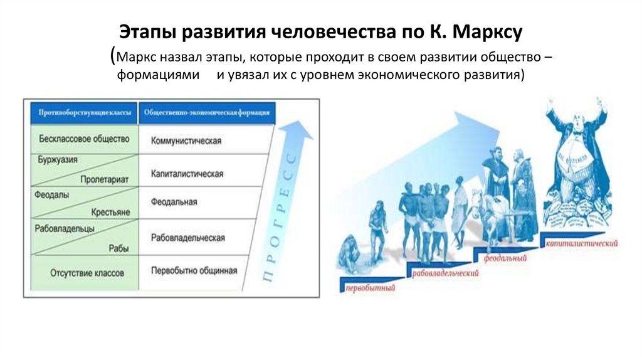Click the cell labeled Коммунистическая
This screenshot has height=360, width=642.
tap(186, 140)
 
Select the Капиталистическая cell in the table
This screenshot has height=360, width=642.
tap(187, 173)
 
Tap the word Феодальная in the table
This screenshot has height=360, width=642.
tap(174, 202)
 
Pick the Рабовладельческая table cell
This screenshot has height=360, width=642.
tap(187, 238)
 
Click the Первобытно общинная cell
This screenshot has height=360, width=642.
tap(194, 271)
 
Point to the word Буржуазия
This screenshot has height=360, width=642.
tap(57, 159)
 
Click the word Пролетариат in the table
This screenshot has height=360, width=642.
tap(104, 179)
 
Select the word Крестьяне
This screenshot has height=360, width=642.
tap(110, 213)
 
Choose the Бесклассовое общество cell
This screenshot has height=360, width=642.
tap(83, 138)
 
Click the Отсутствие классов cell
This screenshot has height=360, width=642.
tap(87, 273)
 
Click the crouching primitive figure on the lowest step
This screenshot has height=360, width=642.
tap(349, 253)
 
